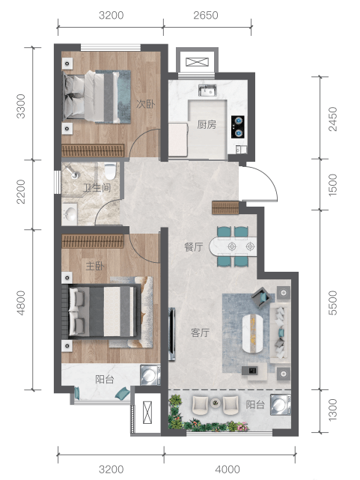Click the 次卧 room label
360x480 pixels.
click(x=146, y=104)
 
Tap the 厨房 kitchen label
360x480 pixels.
click(x=207, y=124)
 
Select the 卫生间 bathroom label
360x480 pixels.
click(x=97, y=187)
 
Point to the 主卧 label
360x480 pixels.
click(x=95, y=266)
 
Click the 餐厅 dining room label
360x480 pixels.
click(x=194, y=246)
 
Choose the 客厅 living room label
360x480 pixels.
click(x=200, y=332)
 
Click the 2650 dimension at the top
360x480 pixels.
click(x=206, y=15)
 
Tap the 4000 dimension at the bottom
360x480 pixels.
click(x=228, y=470)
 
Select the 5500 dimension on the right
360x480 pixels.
click(x=332, y=303)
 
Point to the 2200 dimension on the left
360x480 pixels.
click(x=21, y=192)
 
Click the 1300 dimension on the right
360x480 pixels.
click(x=332, y=410)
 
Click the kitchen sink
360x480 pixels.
click(x=207, y=91)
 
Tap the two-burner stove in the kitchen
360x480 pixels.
click(x=238, y=126)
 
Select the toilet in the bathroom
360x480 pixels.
click(x=109, y=171)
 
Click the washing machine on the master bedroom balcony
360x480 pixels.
click(x=150, y=374)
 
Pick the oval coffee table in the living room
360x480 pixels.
click(x=253, y=333)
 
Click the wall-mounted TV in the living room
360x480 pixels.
click(x=172, y=334)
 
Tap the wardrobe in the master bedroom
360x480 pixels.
click(x=93, y=241)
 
